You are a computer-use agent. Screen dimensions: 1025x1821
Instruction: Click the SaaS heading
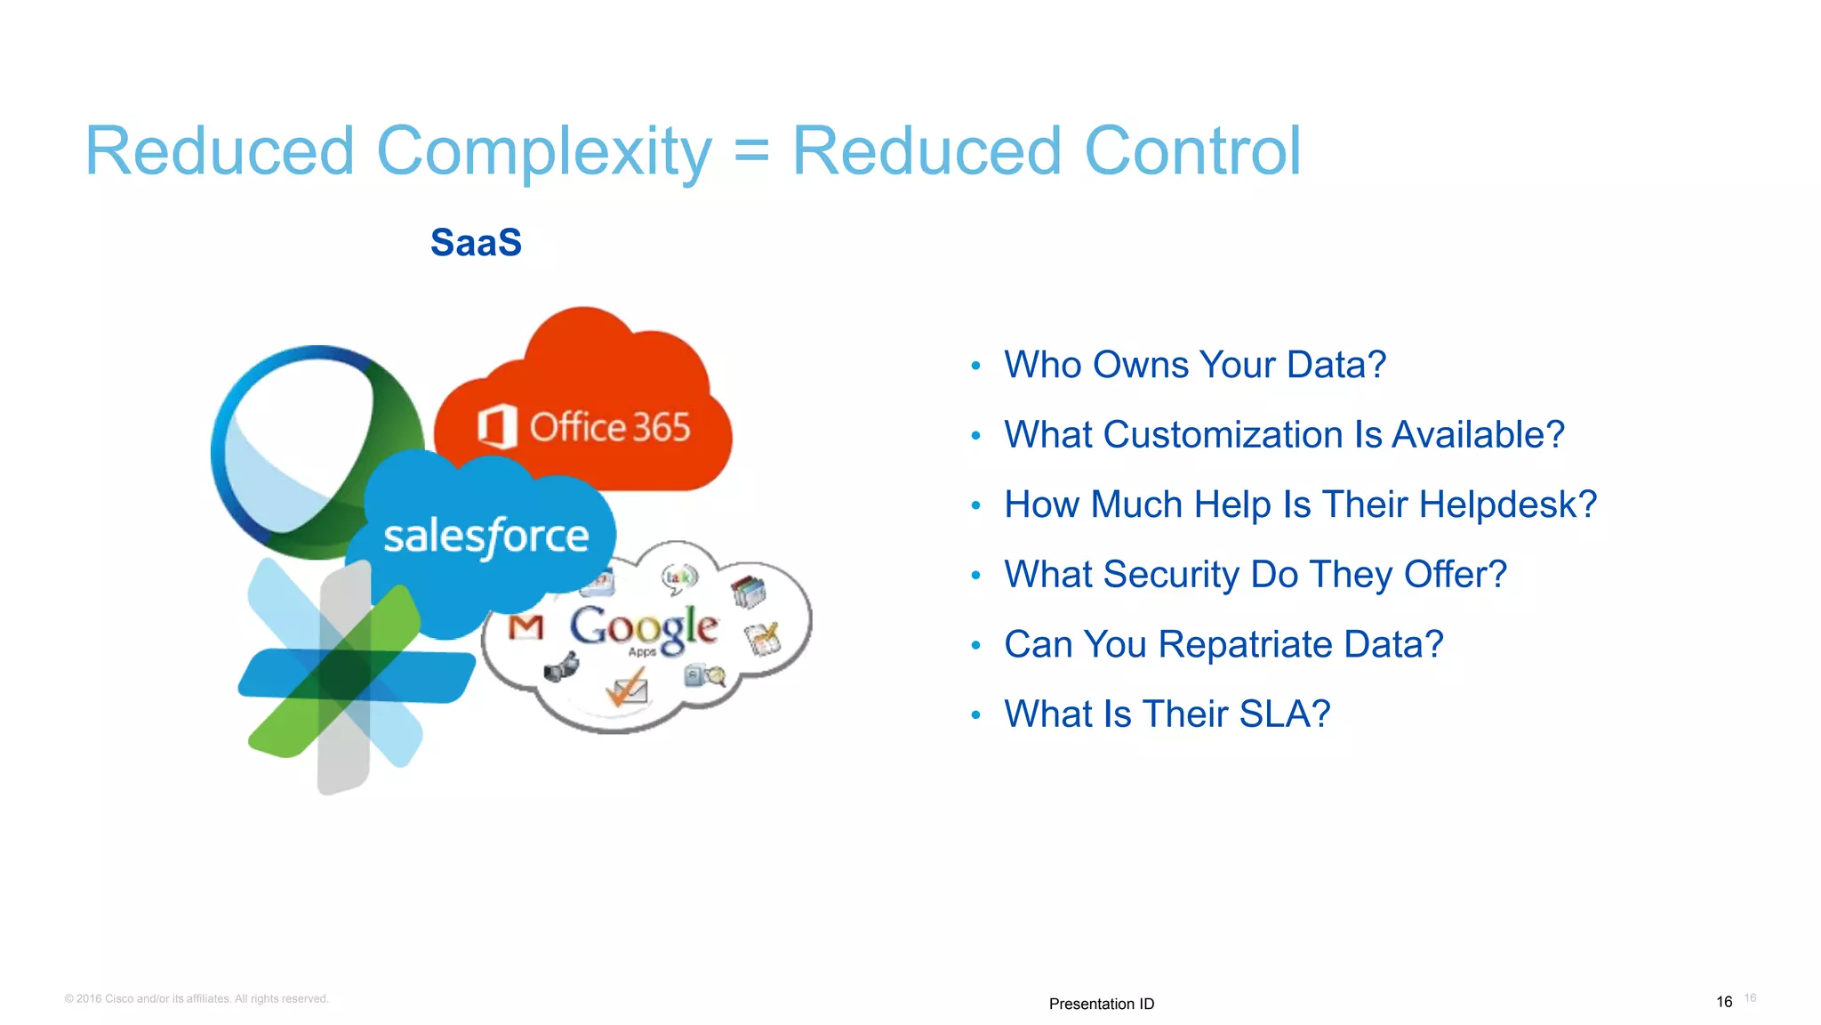476,243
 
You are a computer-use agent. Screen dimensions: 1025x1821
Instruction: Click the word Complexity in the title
543,151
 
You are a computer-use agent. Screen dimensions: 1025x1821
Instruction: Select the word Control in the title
1192,151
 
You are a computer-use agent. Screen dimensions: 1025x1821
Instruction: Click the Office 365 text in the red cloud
610,428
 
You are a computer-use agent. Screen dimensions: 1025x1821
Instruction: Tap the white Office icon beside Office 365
496,426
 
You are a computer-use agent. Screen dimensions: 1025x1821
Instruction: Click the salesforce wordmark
485,537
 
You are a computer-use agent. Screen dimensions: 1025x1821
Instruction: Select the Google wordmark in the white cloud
644,626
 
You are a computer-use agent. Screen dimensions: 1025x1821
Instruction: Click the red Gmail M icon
525,628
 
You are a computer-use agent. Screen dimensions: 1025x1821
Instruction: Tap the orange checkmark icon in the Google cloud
626,688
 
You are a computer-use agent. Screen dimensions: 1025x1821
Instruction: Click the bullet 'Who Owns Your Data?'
1194,365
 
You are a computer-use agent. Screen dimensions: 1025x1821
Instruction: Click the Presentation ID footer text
1101,1004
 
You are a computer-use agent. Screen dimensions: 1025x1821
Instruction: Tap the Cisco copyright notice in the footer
197,999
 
